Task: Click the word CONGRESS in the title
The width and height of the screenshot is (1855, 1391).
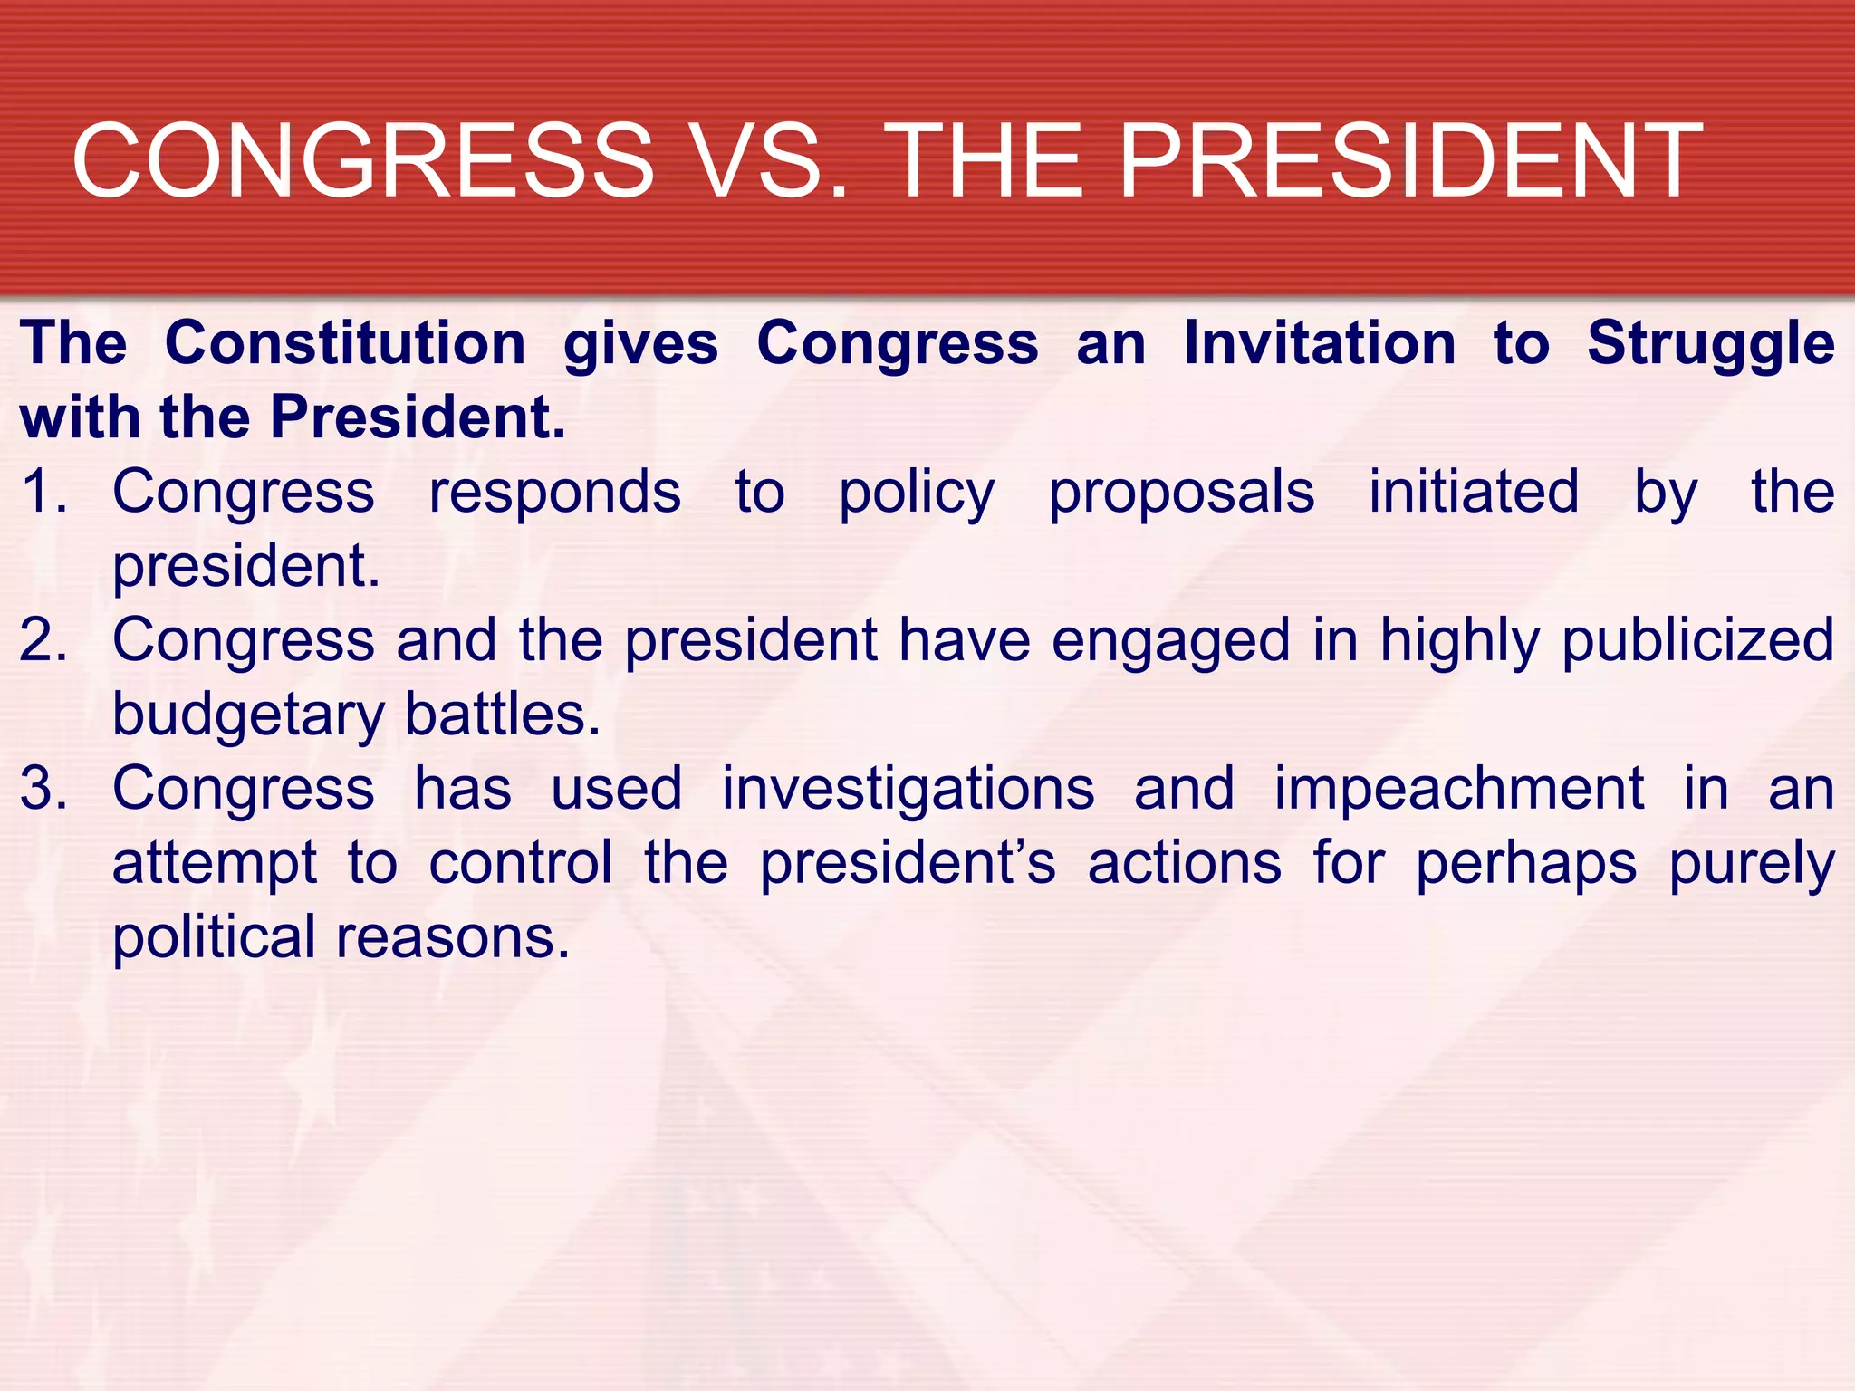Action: point(362,161)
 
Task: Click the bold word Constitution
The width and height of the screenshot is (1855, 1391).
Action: point(345,344)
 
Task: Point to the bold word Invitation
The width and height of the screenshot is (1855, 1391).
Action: point(1320,344)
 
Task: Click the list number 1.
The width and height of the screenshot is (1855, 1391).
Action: point(43,492)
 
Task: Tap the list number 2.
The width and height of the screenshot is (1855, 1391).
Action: point(43,640)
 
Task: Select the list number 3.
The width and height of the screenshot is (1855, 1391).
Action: point(43,789)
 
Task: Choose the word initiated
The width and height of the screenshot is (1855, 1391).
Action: point(1474,492)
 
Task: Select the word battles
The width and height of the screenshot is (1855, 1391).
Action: point(503,715)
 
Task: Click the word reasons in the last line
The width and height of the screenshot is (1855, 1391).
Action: point(453,938)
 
